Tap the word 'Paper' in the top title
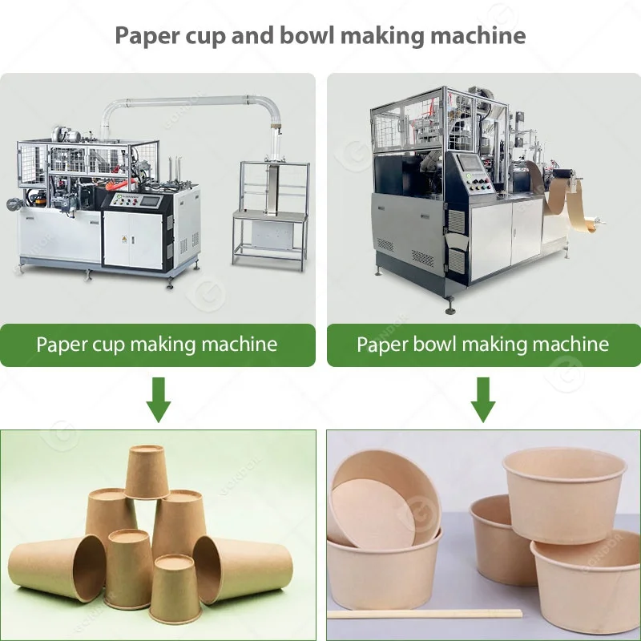[x=145, y=35]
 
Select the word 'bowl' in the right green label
[x=433, y=345]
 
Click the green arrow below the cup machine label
[x=159, y=400]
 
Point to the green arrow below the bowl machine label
[x=482, y=400]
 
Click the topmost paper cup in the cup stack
[x=147, y=471]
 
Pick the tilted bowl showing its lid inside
[x=383, y=501]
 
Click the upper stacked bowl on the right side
[x=563, y=493]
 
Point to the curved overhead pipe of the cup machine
[x=192, y=102]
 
